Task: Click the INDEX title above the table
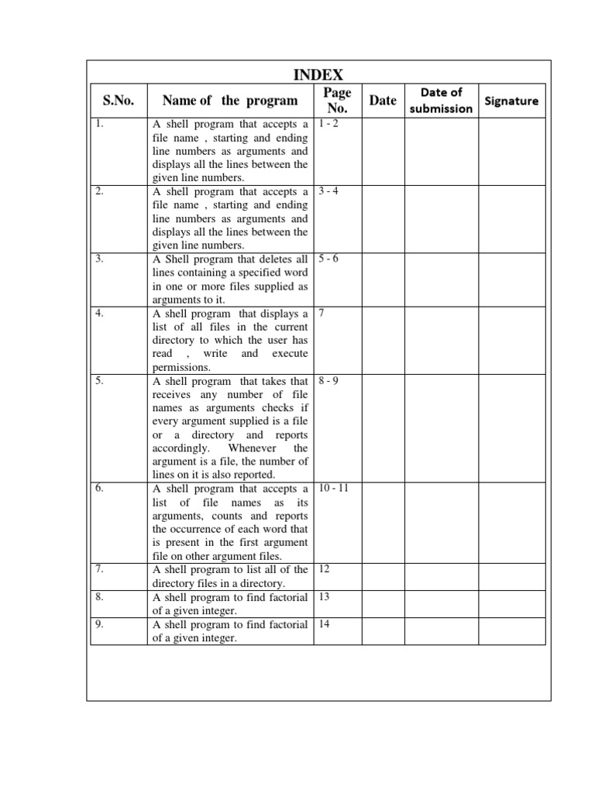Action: (x=318, y=75)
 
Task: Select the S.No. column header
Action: (x=119, y=101)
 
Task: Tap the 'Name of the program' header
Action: (x=229, y=101)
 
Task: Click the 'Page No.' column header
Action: (x=337, y=101)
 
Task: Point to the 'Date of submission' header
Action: (x=441, y=101)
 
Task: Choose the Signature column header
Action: (x=511, y=101)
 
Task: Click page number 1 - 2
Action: (x=328, y=124)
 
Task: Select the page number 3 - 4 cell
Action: (x=328, y=191)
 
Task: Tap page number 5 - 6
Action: (x=328, y=259)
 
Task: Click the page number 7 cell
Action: (x=322, y=313)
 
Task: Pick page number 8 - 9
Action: (x=328, y=380)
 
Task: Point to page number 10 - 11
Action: (x=333, y=489)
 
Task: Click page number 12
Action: (x=325, y=568)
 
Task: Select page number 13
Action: (x=325, y=596)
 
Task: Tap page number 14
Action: (x=325, y=623)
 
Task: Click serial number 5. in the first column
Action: (x=99, y=380)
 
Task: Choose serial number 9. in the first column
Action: (x=99, y=623)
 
